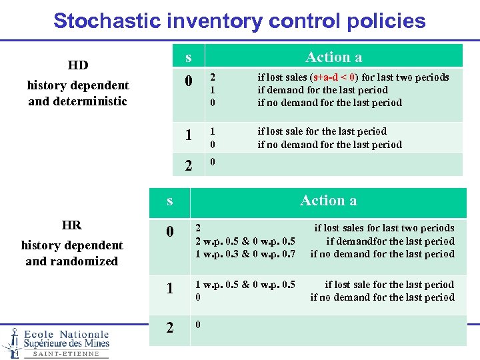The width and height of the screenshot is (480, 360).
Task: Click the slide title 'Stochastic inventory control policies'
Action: (x=239, y=20)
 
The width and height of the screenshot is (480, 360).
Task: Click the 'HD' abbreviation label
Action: (x=78, y=65)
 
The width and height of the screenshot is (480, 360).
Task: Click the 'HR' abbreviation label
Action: (x=71, y=225)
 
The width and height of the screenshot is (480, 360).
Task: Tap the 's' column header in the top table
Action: (x=189, y=57)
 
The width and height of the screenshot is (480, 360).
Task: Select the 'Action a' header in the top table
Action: (x=333, y=57)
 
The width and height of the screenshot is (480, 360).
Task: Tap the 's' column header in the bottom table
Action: (x=170, y=201)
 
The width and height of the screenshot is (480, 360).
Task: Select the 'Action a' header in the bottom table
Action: (x=328, y=201)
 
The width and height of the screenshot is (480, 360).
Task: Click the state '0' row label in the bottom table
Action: (x=170, y=232)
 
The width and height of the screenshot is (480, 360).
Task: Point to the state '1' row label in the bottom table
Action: (x=170, y=289)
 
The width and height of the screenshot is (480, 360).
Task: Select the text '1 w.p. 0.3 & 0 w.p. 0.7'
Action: (x=245, y=254)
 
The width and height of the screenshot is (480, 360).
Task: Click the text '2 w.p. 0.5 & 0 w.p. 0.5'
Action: (x=245, y=241)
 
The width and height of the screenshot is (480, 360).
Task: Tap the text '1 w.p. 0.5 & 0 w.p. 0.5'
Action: (x=245, y=285)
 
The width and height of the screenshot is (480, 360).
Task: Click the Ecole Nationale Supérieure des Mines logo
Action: (x=56, y=342)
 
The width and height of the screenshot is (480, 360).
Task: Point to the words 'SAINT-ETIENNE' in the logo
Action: (x=65, y=354)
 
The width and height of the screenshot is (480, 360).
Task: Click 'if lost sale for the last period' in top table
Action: (x=322, y=131)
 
